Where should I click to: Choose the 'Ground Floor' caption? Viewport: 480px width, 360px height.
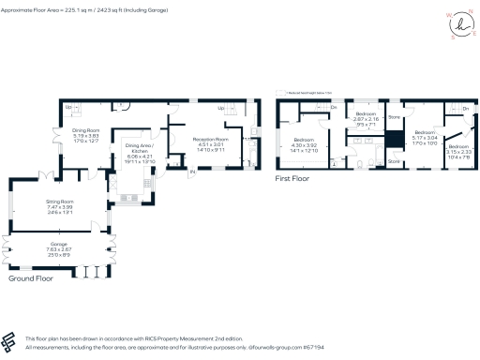30,279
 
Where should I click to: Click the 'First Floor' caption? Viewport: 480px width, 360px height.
292,176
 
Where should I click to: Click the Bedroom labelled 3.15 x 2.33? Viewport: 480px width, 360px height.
458,151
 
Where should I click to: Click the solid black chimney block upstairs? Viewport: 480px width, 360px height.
396,139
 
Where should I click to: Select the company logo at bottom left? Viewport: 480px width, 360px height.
12,340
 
